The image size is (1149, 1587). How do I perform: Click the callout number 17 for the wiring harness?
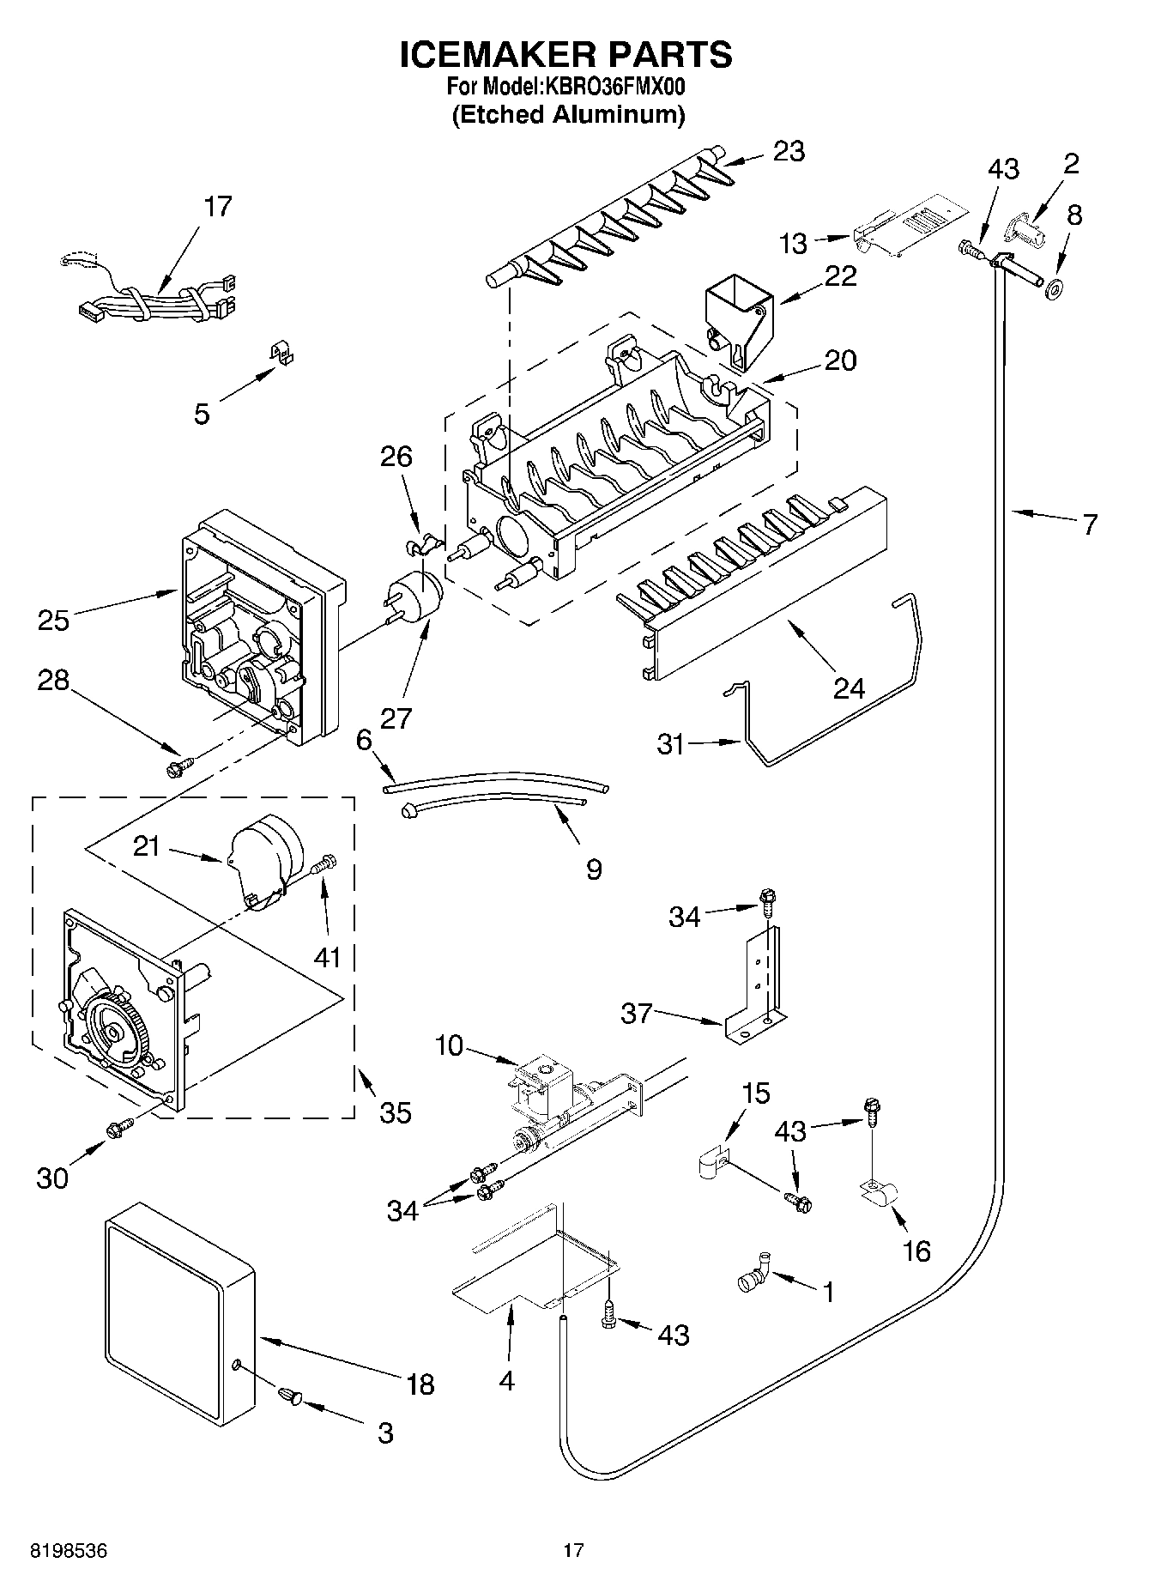218,207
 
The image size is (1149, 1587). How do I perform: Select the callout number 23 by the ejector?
789,152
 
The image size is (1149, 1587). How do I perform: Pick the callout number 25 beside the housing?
53,620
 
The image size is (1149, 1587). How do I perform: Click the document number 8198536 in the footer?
69,1550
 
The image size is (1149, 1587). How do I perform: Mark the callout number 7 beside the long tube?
1089,524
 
